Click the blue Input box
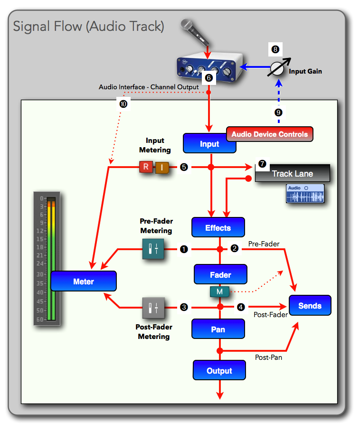(209, 143)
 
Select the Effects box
(218, 227)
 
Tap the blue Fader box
(220, 274)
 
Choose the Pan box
(218, 329)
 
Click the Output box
(219, 370)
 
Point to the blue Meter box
(84, 281)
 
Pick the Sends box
(310, 305)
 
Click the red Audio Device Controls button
(269, 134)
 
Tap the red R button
(146, 167)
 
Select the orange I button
(161, 167)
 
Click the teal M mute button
(219, 291)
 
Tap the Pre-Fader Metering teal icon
(153, 248)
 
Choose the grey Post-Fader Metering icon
(153, 308)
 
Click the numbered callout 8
(276, 48)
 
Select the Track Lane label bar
(293, 173)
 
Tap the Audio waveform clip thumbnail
(305, 194)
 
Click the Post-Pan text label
(268, 357)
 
